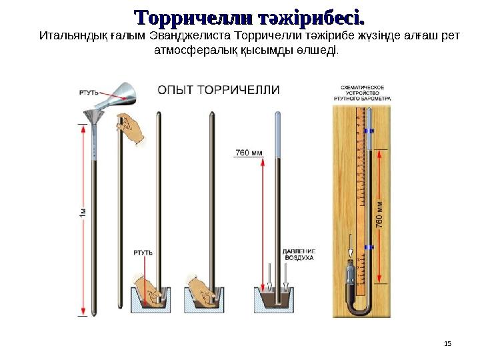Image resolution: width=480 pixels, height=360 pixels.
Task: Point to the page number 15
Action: [447, 343]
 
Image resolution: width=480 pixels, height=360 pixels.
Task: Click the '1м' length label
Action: [82, 215]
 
